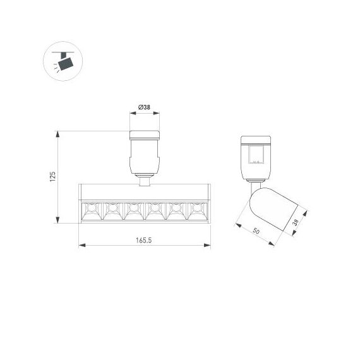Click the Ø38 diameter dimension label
[x=145, y=107]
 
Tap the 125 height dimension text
[x=53, y=176]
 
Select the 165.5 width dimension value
[x=144, y=240]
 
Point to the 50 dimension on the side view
[x=256, y=231]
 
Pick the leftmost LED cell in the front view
[x=91, y=211]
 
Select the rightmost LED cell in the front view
[x=198, y=211]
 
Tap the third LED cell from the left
[x=134, y=211]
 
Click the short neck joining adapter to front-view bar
[x=145, y=182]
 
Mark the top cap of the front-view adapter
[x=145, y=134]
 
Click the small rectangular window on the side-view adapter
[x=256, y=155]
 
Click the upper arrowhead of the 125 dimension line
[x=58, y=134]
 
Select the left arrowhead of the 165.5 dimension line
[x=80, y=246]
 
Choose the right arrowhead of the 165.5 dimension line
[x=209, y=246]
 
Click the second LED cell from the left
[x=112, y=211]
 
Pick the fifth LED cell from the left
[x=177, y=211]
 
